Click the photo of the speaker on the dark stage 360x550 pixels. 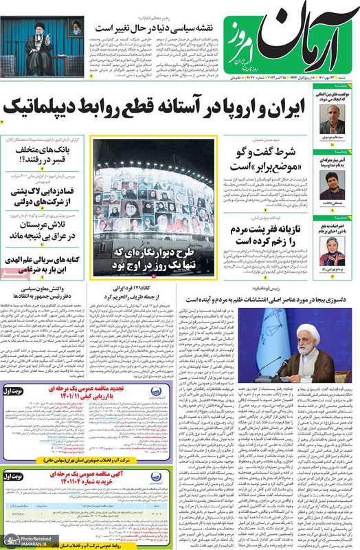43,46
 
